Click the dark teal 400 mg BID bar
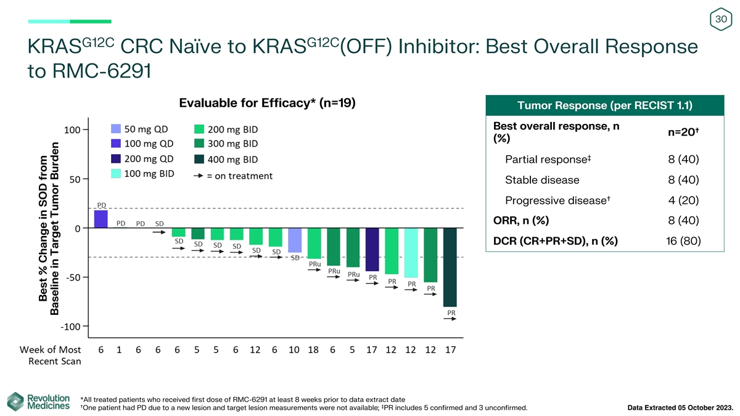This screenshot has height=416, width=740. pyautogui.click(x=450, y=267)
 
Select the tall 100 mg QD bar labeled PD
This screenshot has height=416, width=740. pyautogui.click(x=101, y=219)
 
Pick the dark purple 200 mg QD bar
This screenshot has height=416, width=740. pyautogui.click(x=372, y=250)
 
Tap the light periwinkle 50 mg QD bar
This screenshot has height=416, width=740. pyautogui.click(x=295, y=240)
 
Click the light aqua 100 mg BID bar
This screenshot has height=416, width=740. pyautogui.click(x=411, y=253)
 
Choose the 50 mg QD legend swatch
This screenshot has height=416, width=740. pyautogui.click(x=116, y=129)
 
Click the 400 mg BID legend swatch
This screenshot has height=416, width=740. pyautogui.click(x=199, y=159)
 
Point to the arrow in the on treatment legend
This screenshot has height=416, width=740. pyautogui.click(x=198, y=176)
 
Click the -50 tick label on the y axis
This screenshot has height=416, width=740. pyautogui.click(x=73, y=277)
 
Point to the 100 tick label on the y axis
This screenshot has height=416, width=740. pyautogui.click(x=72, y=130)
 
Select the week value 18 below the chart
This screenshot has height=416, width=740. pyautogui.click(x=313, y=349)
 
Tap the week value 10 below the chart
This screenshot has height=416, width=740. pyautogui.click(x=294, y=349)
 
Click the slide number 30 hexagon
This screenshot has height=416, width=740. pyautogui.click(x=721, y=19)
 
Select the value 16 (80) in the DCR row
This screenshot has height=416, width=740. pyautogui.click(x=683, y=241)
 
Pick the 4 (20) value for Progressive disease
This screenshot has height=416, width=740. pyautogui.click(x=683, y=200)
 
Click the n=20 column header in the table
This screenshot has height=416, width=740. pyautogui.click(x=683, y=132)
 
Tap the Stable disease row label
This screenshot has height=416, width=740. pyautogui.click(x=542, y=180)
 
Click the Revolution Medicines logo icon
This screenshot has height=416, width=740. pyautogui.click(x=15, y=402)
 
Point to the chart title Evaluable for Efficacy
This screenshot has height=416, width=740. pyautogui.click(x=267, y=103)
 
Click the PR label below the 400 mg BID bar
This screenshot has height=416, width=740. pyautogui.click(x=451, y=312)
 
